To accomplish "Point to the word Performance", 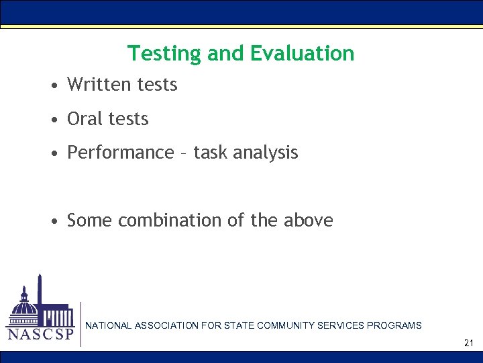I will coord(121,153).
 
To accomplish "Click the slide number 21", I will coord(468,344).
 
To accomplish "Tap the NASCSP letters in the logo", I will coord(40,334).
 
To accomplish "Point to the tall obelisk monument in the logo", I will coord(40,296).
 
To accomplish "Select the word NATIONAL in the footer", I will coord(109,325).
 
